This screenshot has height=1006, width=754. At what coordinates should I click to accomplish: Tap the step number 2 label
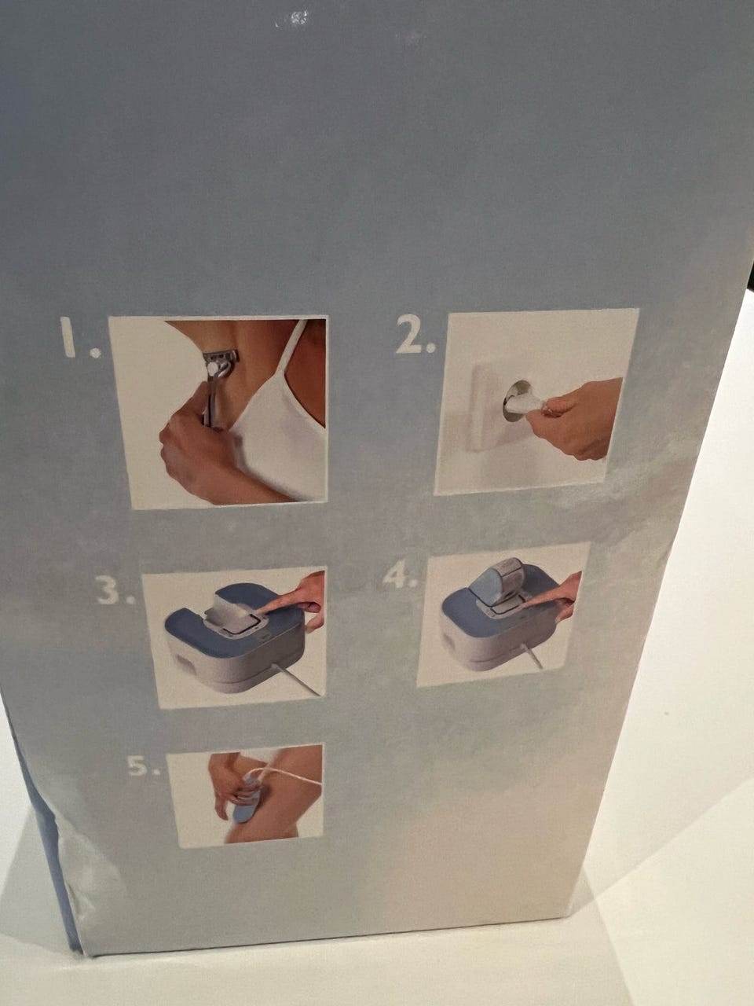415,335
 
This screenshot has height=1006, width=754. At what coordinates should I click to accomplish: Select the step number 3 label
115,592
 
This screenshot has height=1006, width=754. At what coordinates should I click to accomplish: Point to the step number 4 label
399,575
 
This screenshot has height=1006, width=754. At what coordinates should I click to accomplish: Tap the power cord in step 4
532,655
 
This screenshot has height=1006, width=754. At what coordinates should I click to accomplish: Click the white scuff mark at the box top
292,19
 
